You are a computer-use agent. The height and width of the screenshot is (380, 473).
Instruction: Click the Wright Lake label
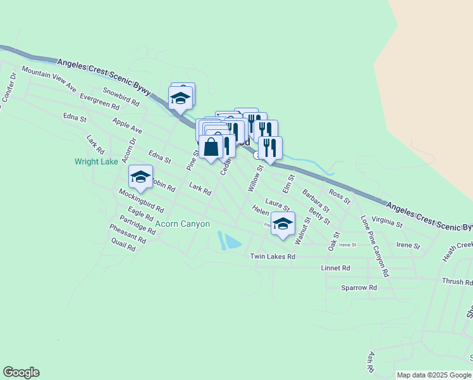point(96,161)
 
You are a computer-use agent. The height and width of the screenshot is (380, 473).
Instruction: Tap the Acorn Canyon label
point(183,224)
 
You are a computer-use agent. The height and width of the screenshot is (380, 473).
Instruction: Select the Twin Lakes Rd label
point(273,256)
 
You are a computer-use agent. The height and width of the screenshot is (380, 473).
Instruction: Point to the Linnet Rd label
point(336,268)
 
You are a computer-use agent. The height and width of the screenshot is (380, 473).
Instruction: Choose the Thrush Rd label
point(453,281)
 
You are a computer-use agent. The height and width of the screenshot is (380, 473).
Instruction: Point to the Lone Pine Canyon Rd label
point(374,247)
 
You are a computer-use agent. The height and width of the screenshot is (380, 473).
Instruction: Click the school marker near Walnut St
point(283,224)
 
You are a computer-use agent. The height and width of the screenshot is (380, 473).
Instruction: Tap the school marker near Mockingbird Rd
point(140,177)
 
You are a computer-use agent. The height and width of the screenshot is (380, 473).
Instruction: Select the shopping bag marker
point(211,148)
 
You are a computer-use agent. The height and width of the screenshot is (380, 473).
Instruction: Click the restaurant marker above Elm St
point(270,148)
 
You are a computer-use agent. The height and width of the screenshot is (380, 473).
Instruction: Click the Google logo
point(21,372)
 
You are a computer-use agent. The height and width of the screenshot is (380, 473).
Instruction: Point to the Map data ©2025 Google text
point(433,375)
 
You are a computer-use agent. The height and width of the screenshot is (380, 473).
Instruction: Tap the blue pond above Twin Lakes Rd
point(230,241)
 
